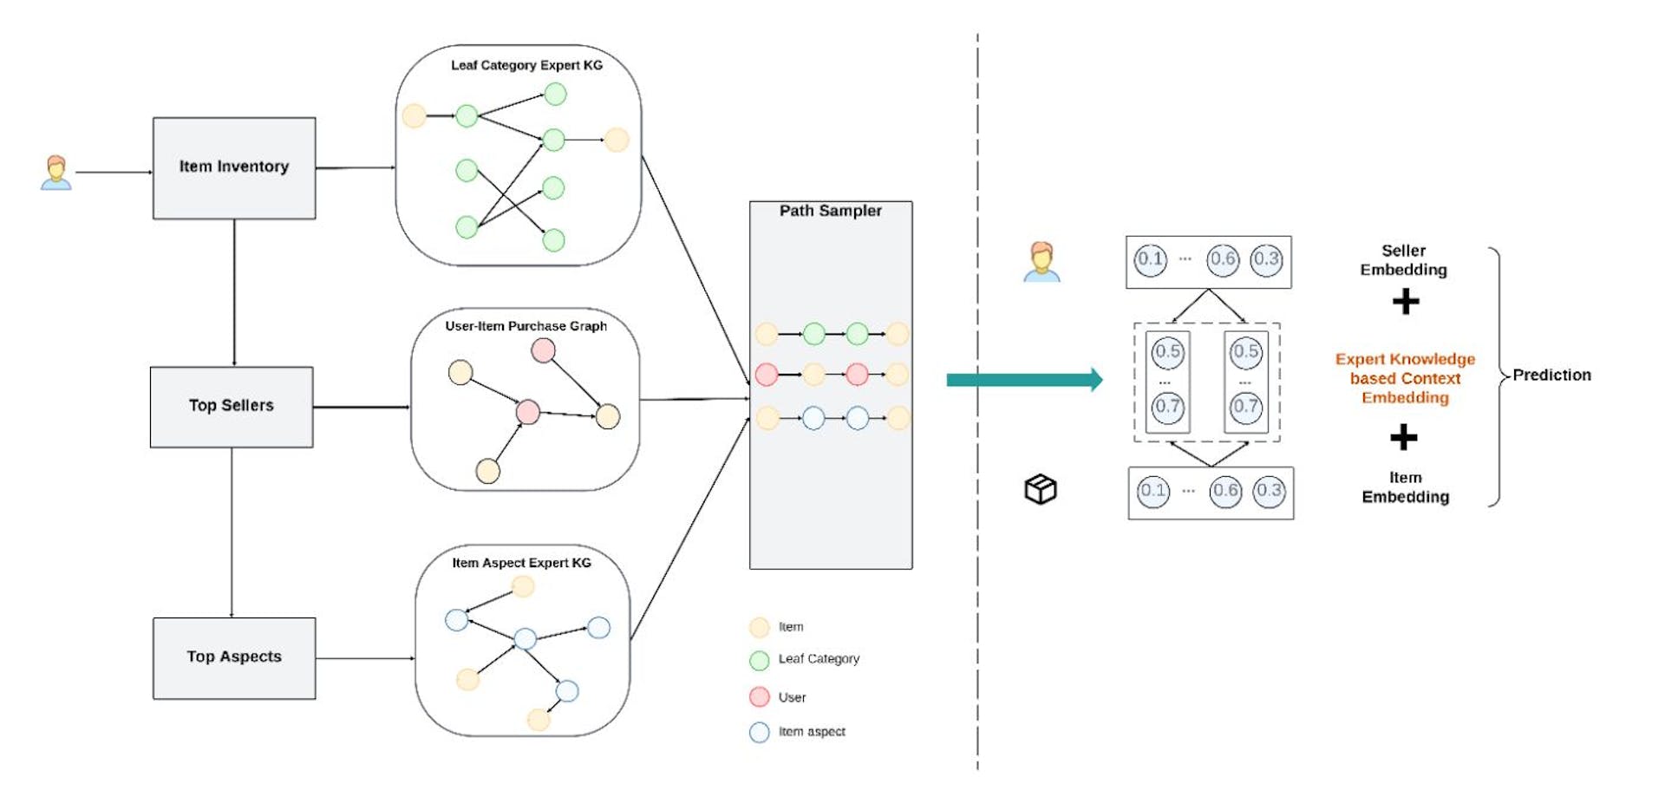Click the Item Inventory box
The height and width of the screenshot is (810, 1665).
click(234, 167)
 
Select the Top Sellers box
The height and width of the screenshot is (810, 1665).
click(232, 406)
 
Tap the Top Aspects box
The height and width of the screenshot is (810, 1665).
click(234, 657)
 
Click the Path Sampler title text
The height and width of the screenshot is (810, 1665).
click(830, 211)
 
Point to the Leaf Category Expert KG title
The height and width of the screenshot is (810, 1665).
click(526, 65)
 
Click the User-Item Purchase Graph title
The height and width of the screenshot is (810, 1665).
click(526, 326)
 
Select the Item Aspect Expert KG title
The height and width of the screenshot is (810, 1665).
click(521, 563)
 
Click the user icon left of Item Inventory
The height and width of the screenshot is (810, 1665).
click(56, 173)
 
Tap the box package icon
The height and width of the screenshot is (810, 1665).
click(1041, 489)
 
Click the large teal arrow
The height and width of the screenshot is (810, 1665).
click(1023, 380)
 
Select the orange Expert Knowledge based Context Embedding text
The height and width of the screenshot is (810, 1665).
click(1405, 378)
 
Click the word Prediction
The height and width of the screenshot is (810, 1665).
click(1551, 376)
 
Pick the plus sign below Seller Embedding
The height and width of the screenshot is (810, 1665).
click(1406, 302)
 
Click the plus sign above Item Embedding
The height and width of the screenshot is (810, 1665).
click(1404, 437)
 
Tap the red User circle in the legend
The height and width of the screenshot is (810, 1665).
click(760, 697)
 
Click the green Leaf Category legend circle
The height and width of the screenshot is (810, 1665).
click(760, 660)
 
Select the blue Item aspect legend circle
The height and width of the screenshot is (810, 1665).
click(760, 733)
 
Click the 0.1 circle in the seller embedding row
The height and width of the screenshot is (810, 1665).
click(1151, 259)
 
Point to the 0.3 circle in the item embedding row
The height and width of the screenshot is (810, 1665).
click(1269, 491)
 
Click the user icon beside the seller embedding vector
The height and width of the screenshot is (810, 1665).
click(1041, 262)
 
